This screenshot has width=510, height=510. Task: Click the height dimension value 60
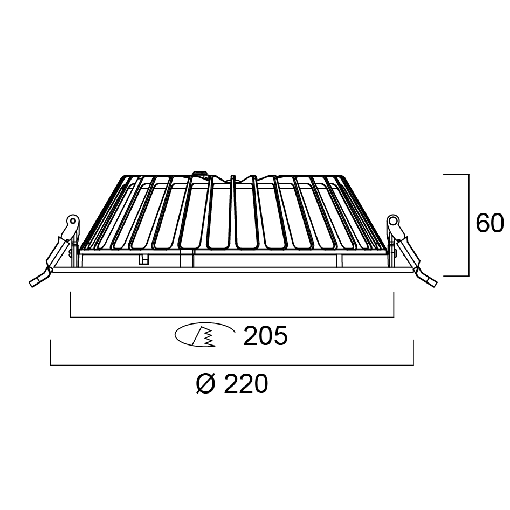pos(489,224)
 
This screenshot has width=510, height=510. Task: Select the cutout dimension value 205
pos(265,336)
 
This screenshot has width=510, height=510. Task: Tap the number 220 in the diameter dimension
pos(245,384)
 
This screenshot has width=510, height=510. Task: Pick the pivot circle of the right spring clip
pos(392,220)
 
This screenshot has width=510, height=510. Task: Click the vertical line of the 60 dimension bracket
pos(468,225)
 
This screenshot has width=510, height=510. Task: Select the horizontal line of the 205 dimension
pos(232,316)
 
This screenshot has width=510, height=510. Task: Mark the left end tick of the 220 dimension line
pos(51,353)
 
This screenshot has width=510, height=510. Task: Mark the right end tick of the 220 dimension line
pos(412,353)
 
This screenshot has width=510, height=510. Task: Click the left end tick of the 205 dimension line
pos(71,304)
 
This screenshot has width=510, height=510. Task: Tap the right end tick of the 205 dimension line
pos(394,304)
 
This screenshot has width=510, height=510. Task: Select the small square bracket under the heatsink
pos(143,260)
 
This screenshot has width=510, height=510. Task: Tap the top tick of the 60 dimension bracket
pos(456,175)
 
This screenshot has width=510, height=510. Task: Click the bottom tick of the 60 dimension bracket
pos(456,275)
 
